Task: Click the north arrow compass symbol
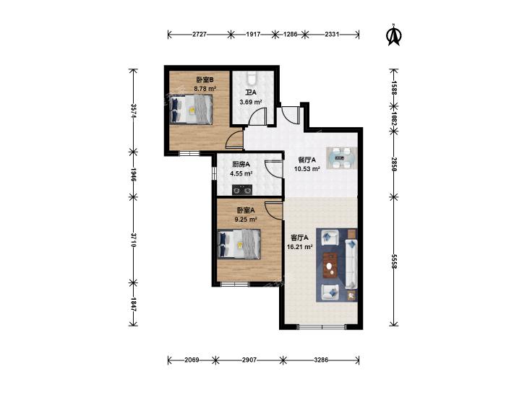[394, 35]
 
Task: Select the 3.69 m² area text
[251, 101]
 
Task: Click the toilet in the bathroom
[252, 78]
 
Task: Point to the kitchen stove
[242, 190]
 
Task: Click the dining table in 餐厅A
[341, 157]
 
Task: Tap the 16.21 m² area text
[299, 247]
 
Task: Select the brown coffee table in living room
[330, 265]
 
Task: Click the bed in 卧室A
[239, 244]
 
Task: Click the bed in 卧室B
[192, 110]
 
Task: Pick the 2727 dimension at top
[200, 34]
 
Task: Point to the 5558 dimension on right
[394, 261]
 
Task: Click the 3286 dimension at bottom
[321, 360]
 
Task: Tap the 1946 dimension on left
[134, 175]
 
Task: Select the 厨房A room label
[241, 165]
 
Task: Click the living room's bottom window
[322, 326]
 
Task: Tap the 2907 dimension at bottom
[249, 360]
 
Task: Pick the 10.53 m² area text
[307, 169]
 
